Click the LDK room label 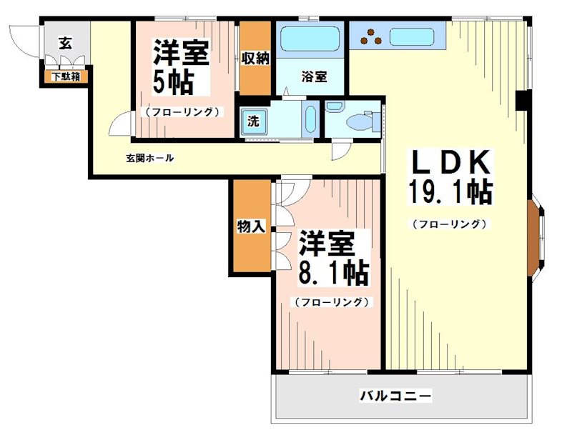[x=450, y=164]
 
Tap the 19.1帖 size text [x=450, y=193]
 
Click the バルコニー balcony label [x=395, y=395]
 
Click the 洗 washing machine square [x=252, y=121]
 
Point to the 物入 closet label [x=250, y=227]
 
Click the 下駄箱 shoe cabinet [x=65, y=74]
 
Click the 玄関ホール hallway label [x=150, y=158]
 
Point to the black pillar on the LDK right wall [x=523, y=101]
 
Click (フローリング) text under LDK [x=450, y=224]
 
